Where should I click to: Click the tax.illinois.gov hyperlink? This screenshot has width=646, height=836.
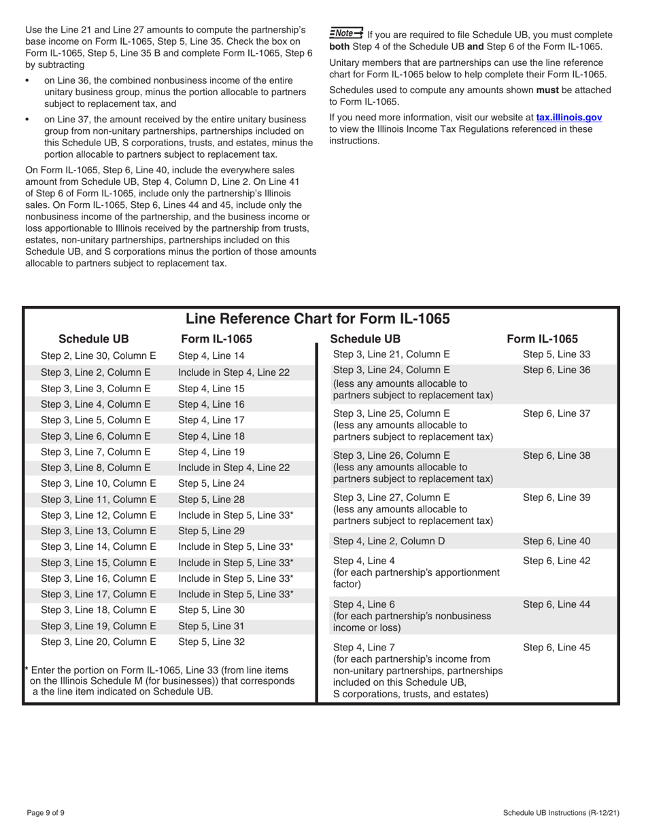click(x=568, y=118)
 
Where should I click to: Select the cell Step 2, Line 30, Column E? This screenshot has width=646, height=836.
click(x=99, y=355)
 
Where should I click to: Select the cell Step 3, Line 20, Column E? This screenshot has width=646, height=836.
click(x=99, y=641)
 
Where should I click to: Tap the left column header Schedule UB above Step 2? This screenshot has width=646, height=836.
click(x=93, y=339)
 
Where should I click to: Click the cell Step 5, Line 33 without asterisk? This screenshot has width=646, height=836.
click(x=556, y=353)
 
